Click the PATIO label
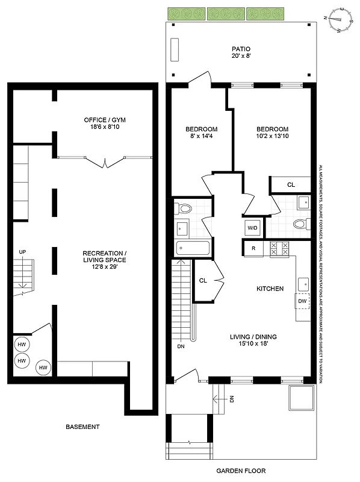241,49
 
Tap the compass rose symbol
340,19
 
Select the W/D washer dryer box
252,228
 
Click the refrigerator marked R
253,248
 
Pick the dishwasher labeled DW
302,301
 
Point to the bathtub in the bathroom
192,248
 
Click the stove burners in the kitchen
280,248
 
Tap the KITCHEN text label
270,289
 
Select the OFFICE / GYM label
105,120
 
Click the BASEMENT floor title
82,427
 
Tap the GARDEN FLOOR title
241,471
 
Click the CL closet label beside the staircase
203,280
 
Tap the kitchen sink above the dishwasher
302,282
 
